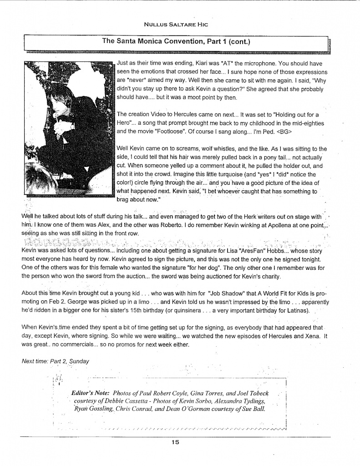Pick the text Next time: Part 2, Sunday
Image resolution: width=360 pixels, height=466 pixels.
(x=56, y=361)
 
